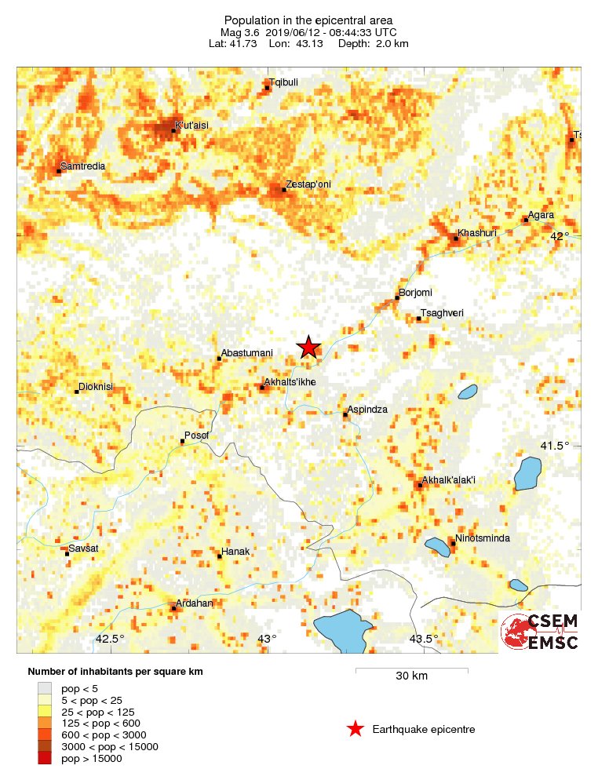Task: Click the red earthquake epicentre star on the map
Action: [x=309, y=347]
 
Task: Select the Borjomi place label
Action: [x=416, y=293]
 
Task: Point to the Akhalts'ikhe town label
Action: [x=290, y=382]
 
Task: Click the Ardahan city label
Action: [x=193, y=603]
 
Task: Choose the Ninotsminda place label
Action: [x=483, y=538]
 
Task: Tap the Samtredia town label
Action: [x=82, y=166]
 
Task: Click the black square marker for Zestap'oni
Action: [x=284, y=189]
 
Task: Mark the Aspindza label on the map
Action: [x=368, y=410]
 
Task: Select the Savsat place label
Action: [x=83, y=547]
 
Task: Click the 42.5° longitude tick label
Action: [x=110, y=639]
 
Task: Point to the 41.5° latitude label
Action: [x=555, y=446]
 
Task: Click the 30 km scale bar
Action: [x=411, y=670]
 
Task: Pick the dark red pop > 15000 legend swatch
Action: [x=44, y=758]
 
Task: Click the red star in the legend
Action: [x=356, y=729]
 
